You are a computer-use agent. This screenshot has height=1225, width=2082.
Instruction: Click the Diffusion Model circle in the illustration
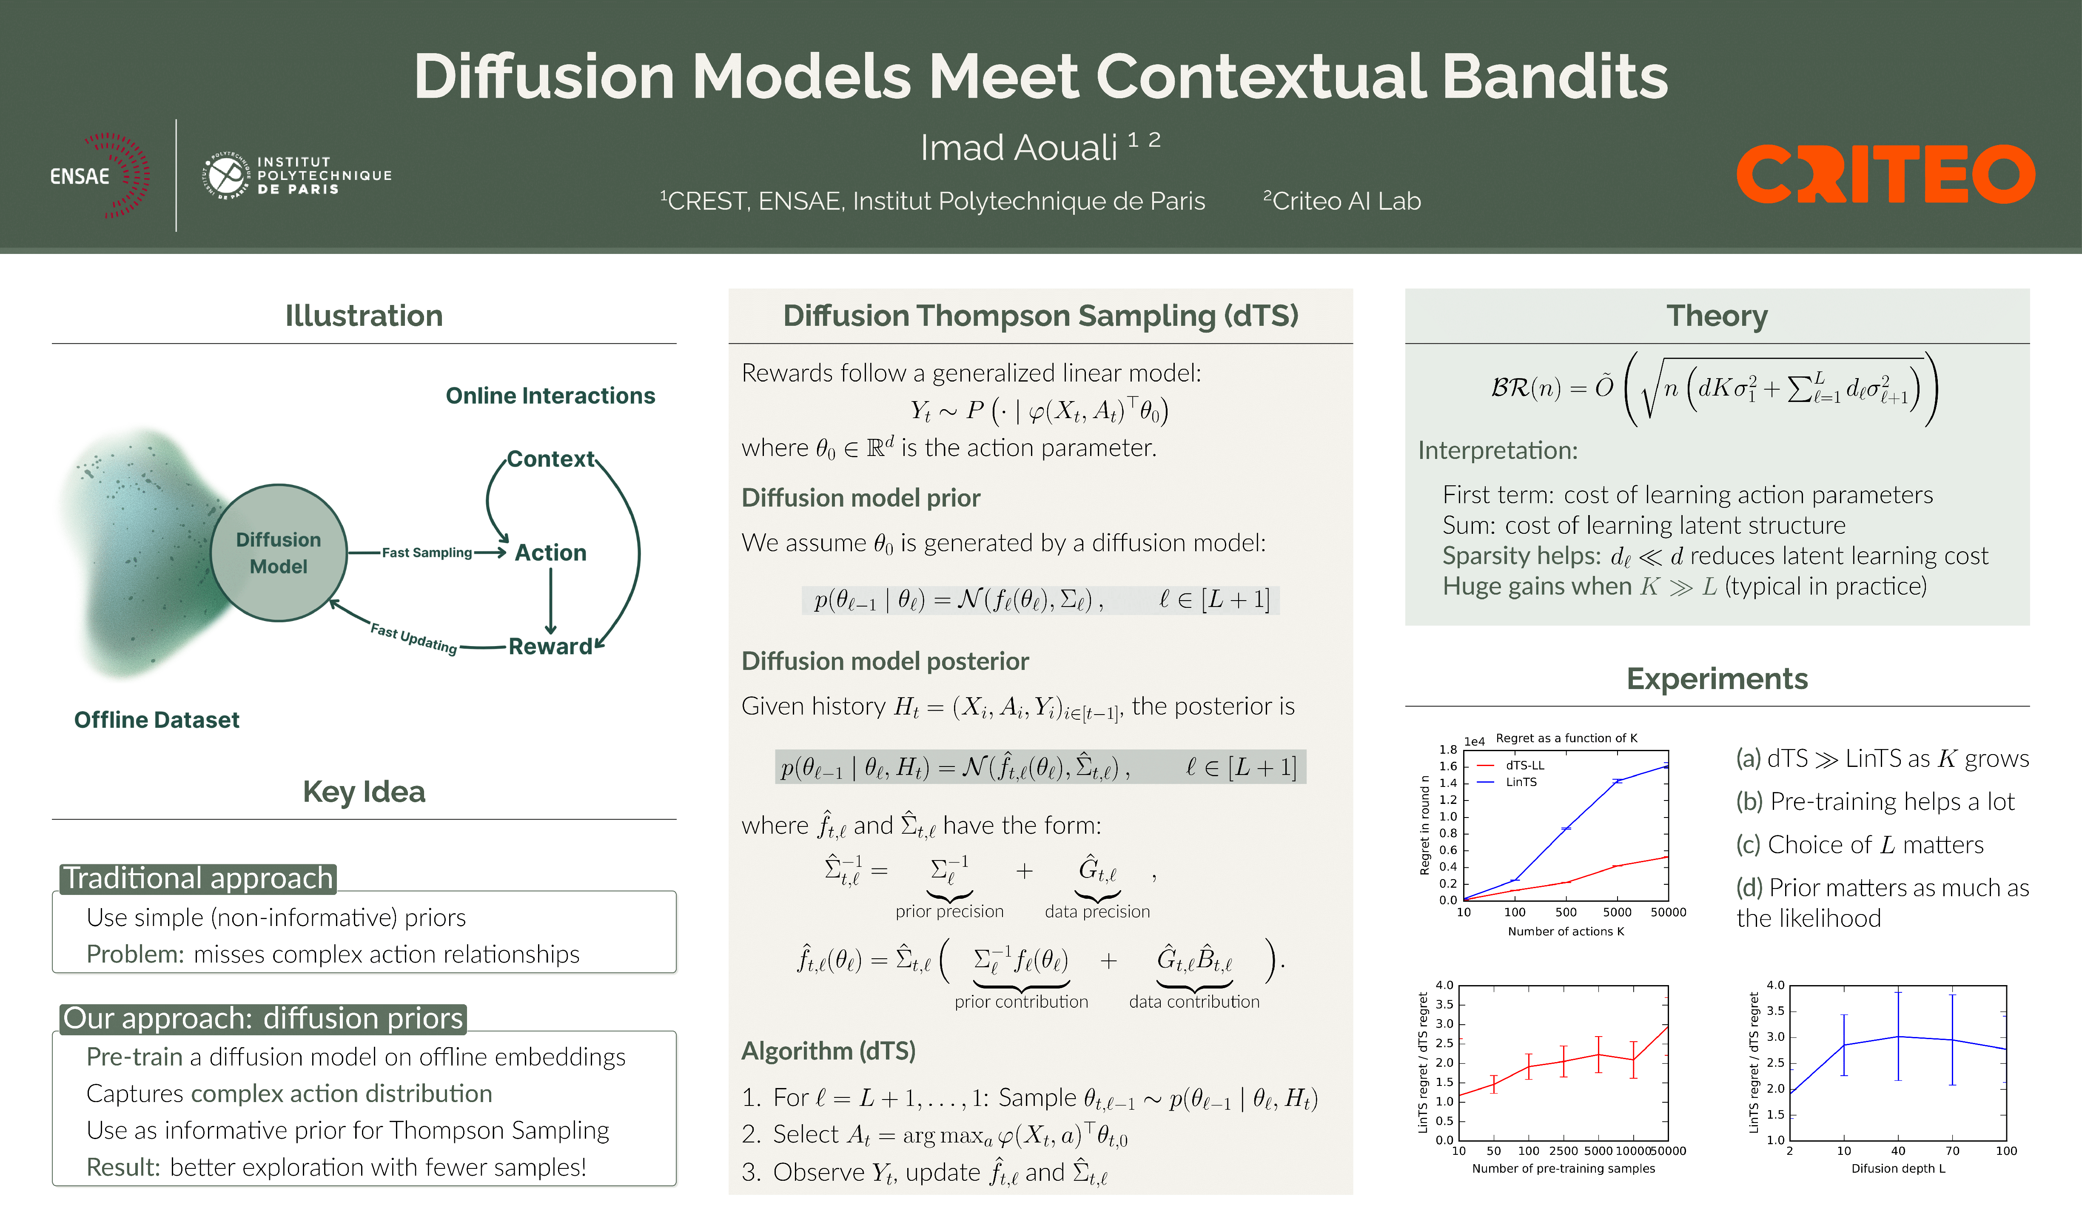pos(279,553)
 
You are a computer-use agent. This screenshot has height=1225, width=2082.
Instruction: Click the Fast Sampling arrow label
pos(426,553)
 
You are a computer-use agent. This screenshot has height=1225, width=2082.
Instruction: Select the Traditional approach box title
pos(198,878)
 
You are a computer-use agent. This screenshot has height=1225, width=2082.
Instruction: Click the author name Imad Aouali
pos(1019,148)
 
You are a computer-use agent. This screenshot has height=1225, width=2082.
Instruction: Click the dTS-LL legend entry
pos(1524,765)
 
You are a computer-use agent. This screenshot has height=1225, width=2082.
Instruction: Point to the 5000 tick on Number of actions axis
pos(1617,912)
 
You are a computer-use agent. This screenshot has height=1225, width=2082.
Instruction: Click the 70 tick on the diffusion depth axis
pos(1952,1151)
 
